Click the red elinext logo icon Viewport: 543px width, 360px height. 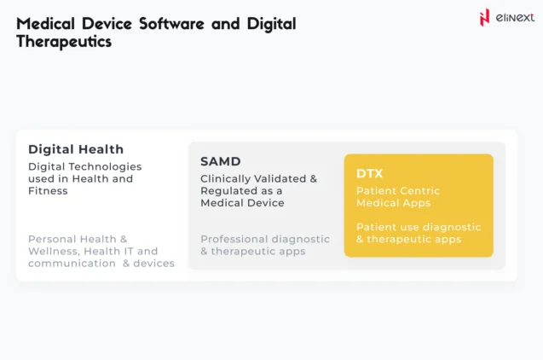[484, 16]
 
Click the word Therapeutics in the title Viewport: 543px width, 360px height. [64, 42]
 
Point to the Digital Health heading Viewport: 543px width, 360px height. [76, 149]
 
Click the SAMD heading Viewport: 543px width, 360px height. [221, 161]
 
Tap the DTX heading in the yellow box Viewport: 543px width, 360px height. [369, 173]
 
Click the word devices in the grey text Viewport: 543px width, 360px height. [153, 264]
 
